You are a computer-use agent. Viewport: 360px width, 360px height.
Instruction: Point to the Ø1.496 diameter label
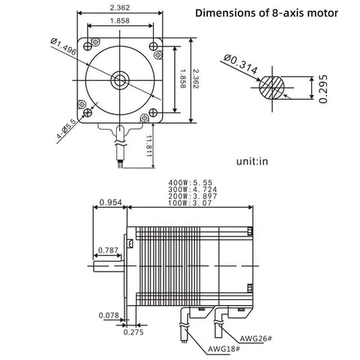64,52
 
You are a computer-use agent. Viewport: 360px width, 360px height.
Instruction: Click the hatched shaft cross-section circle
272,88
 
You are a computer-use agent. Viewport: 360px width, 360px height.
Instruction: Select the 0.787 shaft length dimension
106,250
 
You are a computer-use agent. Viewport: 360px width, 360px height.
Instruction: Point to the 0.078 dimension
109,316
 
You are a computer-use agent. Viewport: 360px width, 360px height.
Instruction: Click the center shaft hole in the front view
120,79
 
